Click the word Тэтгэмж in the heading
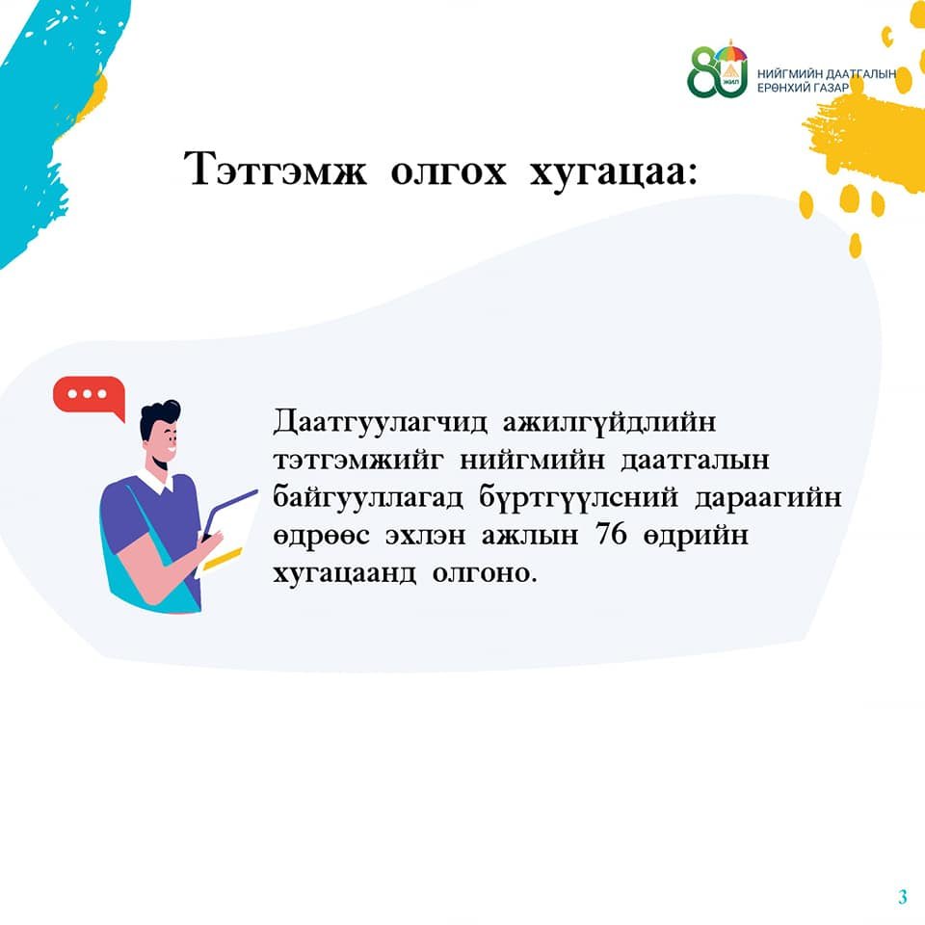[275, 170]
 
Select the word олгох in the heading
[448, 172]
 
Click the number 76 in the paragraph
[611, 534]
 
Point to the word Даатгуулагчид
[380, 422]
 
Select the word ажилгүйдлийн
[609, 423]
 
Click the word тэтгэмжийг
[357, 460]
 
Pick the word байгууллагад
[368, 498]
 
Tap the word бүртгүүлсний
[578, 498]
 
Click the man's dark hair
[158, 416]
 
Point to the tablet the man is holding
[227, 532]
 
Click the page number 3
[903, 897]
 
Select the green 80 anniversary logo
[717, 69]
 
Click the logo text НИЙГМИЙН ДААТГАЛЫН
[827, 74]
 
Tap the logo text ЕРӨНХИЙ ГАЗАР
[803, 88]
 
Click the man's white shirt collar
[156, 480]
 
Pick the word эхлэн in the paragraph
[425, 536]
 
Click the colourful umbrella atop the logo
[731, 52]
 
